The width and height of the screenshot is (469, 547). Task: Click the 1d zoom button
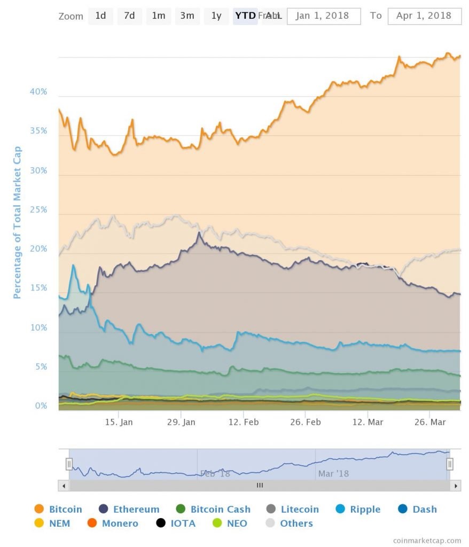[x=100, y=15]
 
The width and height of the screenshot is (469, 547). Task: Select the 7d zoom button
[x=129, y=15]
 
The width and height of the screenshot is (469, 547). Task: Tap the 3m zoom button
[x=187, y=15]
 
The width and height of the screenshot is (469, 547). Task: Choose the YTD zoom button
[x=245, y=15]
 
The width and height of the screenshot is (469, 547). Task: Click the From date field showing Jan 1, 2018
[x=324, y=16]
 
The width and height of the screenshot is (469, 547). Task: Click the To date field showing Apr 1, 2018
[x=424, y=16]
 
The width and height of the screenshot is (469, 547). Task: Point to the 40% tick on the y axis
[x=38, y=92]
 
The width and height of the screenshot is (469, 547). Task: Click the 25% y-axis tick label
[x=38, y=210]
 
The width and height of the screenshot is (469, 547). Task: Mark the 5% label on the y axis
[x=41, y=367]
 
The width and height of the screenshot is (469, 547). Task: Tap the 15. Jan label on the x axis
[x=119, y=422]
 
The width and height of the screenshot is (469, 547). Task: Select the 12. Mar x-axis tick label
[x=368, y=422]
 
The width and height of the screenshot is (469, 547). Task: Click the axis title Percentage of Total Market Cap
[x=17, y=222]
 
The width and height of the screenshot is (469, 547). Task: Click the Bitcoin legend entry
[x=58, y=509]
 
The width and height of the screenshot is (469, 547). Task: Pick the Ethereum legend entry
[x=129, y=509]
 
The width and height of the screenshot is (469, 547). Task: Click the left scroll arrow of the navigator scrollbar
[x=64, y=486]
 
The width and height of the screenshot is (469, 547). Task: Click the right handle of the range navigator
[x=450, y=464]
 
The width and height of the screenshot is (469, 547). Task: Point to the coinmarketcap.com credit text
[x=427, y=541]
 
